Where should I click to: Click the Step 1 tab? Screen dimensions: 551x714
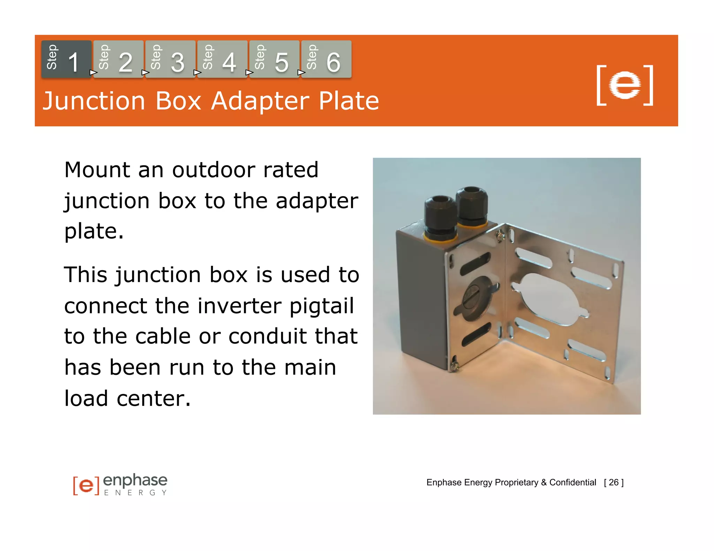pos(66,59)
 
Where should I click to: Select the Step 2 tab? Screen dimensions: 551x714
pos(118,59)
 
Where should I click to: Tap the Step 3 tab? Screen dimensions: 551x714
pos(170,59)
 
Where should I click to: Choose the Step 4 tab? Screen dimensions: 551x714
pos(222,59)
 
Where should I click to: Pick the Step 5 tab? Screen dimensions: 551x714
pos(274,59)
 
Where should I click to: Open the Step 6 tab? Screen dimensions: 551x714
pos(326,59)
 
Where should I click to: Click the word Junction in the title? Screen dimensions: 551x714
pos(94,101)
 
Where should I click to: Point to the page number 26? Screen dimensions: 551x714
pos(614,482)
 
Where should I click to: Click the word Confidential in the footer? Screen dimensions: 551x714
pos(572,482)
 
